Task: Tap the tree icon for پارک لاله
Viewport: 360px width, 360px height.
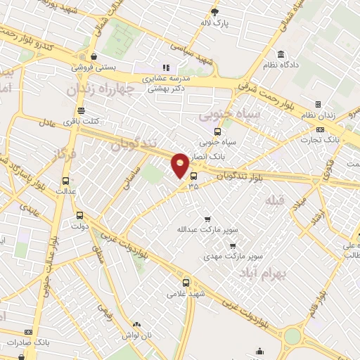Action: point(215,12)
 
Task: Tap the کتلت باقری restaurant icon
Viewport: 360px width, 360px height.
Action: point(81,110)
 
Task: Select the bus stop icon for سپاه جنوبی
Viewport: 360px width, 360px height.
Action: point(217,131)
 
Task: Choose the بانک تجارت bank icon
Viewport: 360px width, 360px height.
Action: point(320,129)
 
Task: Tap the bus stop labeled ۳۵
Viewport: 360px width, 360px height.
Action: point(193,176)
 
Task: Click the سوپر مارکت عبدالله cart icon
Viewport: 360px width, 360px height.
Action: point(207,219)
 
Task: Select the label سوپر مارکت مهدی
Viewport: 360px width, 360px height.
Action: point(224,255)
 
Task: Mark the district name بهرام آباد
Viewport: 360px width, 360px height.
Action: point(264,271)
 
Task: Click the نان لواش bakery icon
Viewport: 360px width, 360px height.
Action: point(136,325)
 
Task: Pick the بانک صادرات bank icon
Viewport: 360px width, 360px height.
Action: point(28,332)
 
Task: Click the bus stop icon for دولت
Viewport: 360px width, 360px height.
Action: point(79,216)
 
